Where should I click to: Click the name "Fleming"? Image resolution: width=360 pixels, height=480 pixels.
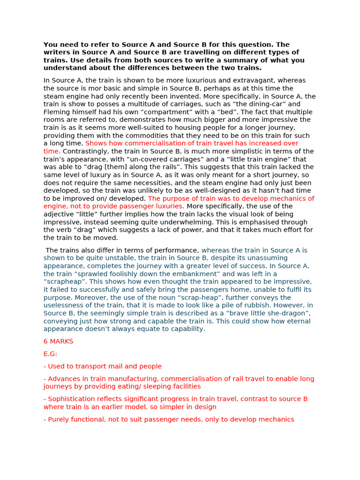point(56,112)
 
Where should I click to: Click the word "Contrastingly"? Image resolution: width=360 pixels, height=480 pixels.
point(85,151)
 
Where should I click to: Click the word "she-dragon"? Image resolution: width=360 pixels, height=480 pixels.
point(285,313)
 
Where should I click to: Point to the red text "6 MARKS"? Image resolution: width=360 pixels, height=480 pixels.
point(58,341)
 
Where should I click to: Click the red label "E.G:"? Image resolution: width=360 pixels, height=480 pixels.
point(50,354)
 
